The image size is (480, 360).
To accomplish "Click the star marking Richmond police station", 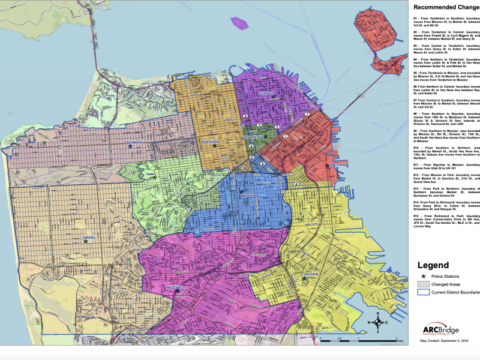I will pyautogui.click(x=130, y=146).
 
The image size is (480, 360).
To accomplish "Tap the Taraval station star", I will pyautogui.click(x=85, y=241).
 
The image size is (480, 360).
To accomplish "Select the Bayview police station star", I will pyautogui.click(x=304, y=277).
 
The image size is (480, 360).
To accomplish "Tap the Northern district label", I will pyautogui.click(x=211, y=142).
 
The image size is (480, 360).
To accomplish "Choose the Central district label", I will pyautogui.click(x=266, y=94).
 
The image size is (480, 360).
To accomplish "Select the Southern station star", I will pyautogui.click(x=327, y=165).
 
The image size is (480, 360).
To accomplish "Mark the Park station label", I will pyautogui.click(x=151, y=175).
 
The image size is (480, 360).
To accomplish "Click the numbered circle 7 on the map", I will pyautogui.click(x=307, y=114).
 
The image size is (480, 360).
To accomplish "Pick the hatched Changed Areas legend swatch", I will pyautogui.click(x=424, y=284).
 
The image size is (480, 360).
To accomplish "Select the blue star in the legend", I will pyautogui.click(x=424, y=275).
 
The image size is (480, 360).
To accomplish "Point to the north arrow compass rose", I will pyautogui.click(x=377, y=323).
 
